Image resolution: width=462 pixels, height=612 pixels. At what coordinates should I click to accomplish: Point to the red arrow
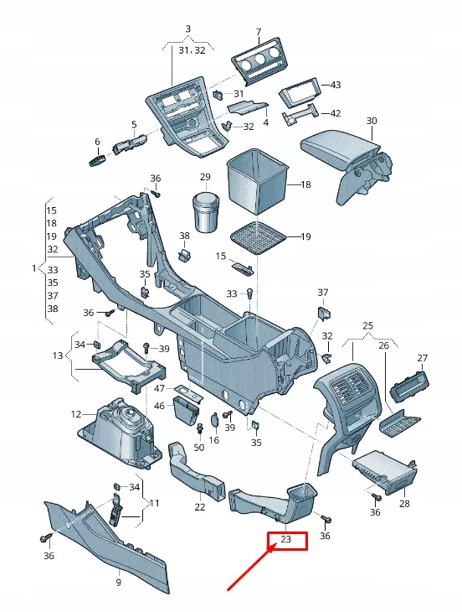pyautogui.click(x=251, y=574)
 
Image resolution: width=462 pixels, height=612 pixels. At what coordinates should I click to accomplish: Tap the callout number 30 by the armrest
pyautogui.click(x=372, y=121)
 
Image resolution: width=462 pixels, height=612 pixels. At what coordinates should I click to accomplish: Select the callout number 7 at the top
pyautogui.click(x=258, y=33)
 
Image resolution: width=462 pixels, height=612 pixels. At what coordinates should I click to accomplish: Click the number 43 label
pyautogui.click(x=336, y=86)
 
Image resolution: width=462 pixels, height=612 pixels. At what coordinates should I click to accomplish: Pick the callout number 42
pyautogui.click(x=336, y=113)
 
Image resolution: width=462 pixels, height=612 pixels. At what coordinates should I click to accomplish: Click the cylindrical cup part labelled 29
pyautogui.click(x=206, y=214)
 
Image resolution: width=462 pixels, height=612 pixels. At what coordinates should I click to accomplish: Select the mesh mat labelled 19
pyautogui.click(x=255, y=236)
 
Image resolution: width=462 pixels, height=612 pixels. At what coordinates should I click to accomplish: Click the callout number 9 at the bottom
pyautogui.click(x=118, y=583)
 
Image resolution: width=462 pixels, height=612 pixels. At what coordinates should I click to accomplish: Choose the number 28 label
pyautogui.click(x=404, y=504)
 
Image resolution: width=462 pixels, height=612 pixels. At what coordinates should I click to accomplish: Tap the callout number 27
pyautogui.click(x=422, y=358)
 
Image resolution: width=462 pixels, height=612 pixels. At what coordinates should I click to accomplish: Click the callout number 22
pyautogui.click(x=199, y=506)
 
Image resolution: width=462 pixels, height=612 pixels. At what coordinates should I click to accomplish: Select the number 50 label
pyautogui.click(x=198, y=447)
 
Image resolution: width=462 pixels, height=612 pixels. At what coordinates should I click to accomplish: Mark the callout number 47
pyautogui.click(x=159, y=390)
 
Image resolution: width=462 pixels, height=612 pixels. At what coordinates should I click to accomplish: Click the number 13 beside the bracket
pyautogui.click(x=57, y=355)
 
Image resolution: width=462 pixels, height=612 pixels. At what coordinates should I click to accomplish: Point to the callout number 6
pyautogui.click(x=97, y=142)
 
